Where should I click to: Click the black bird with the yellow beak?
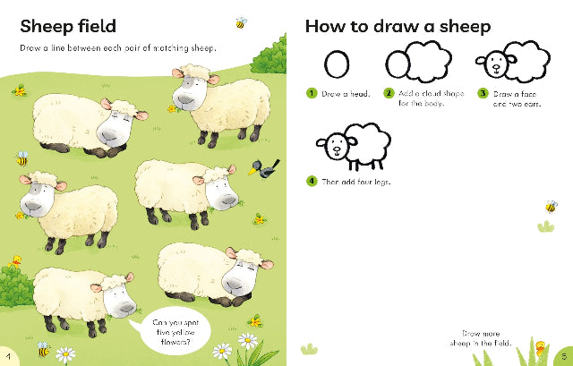(x=265, y=169)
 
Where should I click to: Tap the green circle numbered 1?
(x=312, y=93)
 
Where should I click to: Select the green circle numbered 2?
(x=389, y=93)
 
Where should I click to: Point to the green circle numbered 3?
(x=483, y=93)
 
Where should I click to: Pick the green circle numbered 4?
(x=312, y=181)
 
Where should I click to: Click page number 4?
(x=8, y=356)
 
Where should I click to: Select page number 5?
(x=564, y=356)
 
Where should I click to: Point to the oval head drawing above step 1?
(x=337, y=64)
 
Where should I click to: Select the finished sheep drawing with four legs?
(x=354, y=147)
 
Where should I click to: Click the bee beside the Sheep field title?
(x=241, y=23)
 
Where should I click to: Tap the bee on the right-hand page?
(x=552, y=207)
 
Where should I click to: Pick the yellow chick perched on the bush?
(x=15, y=260)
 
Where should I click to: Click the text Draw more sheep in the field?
(x=480, y=338)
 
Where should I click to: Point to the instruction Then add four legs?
(x=356, y=182)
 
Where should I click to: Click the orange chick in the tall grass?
(x=540, y=347)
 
